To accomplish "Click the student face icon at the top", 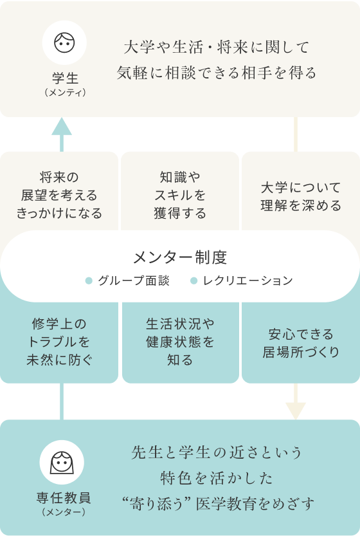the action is pyautogui.click(x=64, y=42).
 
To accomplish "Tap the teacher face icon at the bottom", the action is pyautogui.click(x=62, y=463).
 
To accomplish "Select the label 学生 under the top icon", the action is pyautogui.click(x=65, y=79).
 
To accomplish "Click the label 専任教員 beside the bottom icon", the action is pyautogui.click(x=64, y=498).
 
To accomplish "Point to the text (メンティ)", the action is pyautogui.click(x=65, y=93).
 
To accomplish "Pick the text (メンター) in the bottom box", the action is pyautogui.click(x=64, y=512).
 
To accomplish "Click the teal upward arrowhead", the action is pyautogui.click(x=62, y=126).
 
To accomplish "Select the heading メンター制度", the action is pyautogui.click(x=180, y=257).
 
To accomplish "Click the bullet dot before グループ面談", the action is pyautogui.click(x=89, y=281).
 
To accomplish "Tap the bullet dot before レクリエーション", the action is pyautogui.click(x=194, y=281).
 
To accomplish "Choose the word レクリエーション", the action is pyautogui.click(x=248, y=281).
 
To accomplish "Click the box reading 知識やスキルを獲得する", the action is pyautogui.click(x=180, y=192).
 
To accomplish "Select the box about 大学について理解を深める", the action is pyautogui.click(x=301, y=192).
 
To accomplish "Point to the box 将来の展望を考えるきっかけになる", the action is pyautogui.click(x=59, y=192).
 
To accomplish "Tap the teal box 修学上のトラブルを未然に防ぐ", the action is pyautogui.click(x=59, y=342).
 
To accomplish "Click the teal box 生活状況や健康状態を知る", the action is pyautogui.click(x=181, y=342).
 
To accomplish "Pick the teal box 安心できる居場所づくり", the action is pyautogui.click(x=301, y=342).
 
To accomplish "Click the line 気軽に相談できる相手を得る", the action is pyautogui.click(x=217, y=73).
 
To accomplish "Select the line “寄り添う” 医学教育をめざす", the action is pyautogui.click(x=219, y=504).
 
